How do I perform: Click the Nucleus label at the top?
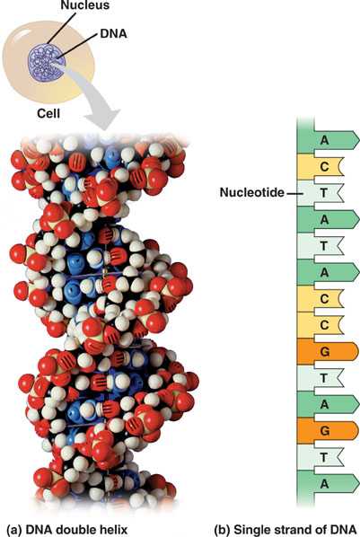point(85,4)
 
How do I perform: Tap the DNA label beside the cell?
point(114,33)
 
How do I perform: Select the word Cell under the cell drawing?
point(48,113)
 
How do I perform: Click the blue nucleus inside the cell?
point(47,63)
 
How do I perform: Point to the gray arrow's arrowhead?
point(102,119)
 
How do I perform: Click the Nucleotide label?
point(252,192)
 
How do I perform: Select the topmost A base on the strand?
point(328,140)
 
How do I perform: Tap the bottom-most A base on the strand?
point(328,484)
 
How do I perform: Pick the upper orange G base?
point(328,351)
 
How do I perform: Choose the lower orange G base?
point(328,430)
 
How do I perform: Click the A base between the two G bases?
point(328,404)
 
